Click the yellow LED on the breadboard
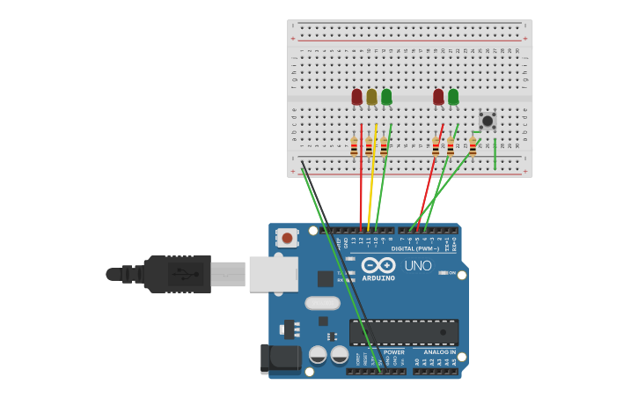click(x=371, y=96)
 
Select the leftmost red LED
click(x=356, y=96)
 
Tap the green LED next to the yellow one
click(x=386, y=96)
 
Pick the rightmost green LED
click(x=453, y=96)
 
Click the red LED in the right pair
click(x=438, y=96)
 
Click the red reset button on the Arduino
click(x=287, y=237)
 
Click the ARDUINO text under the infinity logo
click(x=378, y=278)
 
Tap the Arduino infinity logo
click(x=378, y=265)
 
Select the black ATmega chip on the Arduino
click(x=404, y=332)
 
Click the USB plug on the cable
click(x=177, y=274)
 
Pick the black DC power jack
click(x=280, y=358)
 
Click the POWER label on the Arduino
click(x=393, y=351)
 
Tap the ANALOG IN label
click(x=439, y=351)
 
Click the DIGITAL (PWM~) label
click(x=415, y=249)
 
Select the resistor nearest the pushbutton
click(x=473, y=146)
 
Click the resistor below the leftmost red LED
click(x=354, y=146)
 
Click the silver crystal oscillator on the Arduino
click(x=322, y=303)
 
